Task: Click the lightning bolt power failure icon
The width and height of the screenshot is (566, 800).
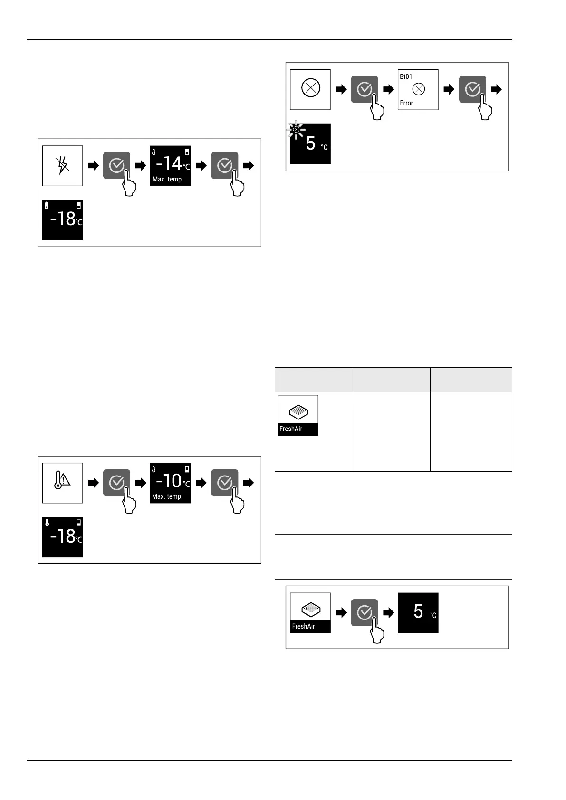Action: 62,165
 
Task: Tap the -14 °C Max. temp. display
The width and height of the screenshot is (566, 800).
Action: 170,165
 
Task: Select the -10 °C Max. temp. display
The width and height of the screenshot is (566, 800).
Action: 170,483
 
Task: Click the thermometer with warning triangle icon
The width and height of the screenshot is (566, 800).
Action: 62,483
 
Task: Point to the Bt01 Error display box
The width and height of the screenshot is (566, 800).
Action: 418,89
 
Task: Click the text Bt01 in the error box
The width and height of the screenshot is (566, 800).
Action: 406,76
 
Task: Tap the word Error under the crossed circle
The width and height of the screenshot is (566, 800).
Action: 406,103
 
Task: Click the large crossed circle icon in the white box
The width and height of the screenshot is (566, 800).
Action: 311,88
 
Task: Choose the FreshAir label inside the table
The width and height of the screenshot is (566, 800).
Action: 291,429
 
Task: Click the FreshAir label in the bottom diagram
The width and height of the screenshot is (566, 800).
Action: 304,627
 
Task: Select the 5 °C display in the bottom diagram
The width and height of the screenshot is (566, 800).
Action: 418,612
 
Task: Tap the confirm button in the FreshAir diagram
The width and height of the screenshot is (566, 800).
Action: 365,612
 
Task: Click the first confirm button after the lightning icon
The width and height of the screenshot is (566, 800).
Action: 116,165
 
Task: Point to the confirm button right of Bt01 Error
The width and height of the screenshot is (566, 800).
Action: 472,89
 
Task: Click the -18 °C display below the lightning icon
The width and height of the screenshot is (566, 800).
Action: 62,219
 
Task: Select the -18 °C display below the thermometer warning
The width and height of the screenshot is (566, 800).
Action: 62,537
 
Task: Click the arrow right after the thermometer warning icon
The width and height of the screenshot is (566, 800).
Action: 94,483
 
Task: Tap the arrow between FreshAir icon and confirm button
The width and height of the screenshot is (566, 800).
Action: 341,613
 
